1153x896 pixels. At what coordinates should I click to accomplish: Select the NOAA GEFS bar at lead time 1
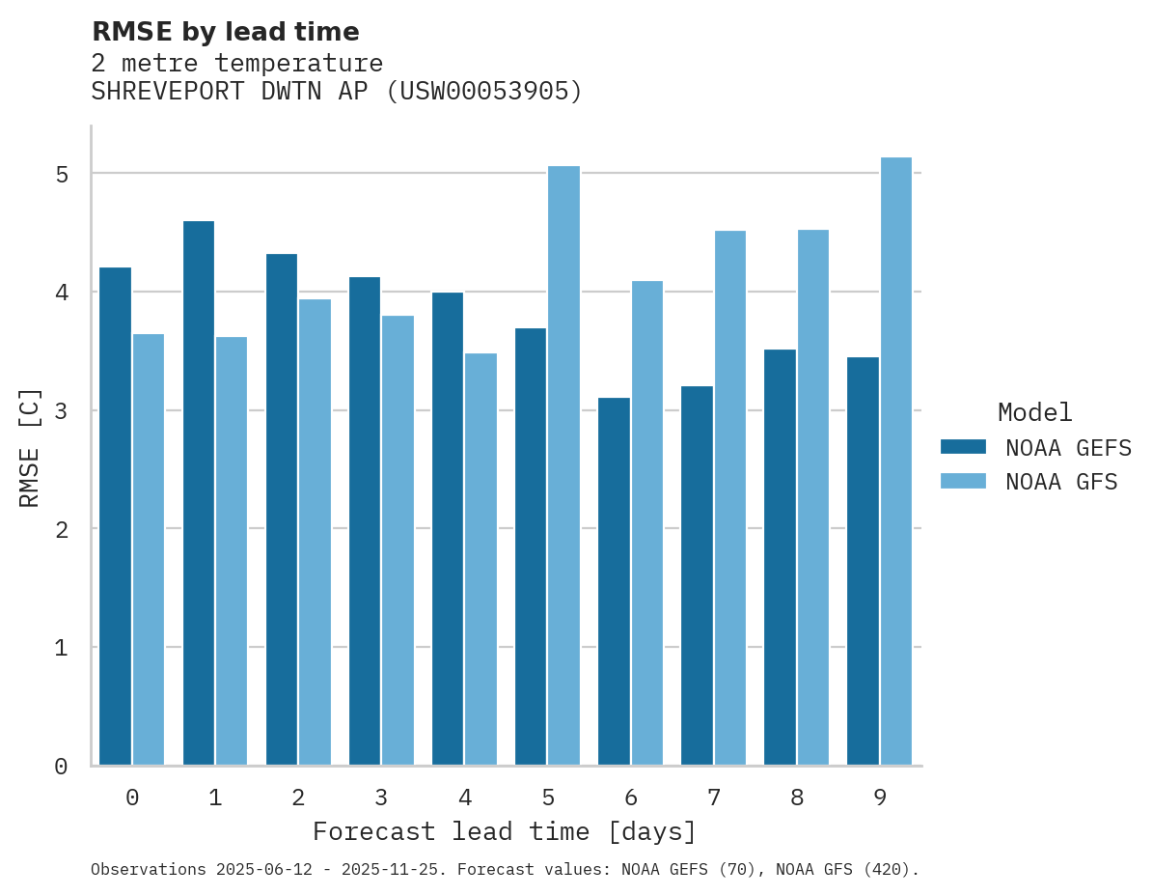[x=199, y=493]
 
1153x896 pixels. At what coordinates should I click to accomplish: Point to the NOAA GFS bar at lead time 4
[x=481, y=559]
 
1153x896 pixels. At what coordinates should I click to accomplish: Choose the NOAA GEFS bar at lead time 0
[x=116, y=517]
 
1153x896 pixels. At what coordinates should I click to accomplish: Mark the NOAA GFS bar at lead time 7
[x=730, y=498]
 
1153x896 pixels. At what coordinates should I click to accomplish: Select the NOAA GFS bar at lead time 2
[x=316, y=532]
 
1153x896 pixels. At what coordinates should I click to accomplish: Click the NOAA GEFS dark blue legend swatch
[x=963, y=447]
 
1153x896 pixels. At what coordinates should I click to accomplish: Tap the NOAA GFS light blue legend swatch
[x=963, y=481]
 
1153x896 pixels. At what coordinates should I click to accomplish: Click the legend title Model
[x=1034, y=412]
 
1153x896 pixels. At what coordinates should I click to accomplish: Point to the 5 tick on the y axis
[x=62, y=175]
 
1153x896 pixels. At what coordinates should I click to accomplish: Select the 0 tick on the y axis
[x=62, y=767]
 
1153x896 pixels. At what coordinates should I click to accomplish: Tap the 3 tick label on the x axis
[x=382, y=798]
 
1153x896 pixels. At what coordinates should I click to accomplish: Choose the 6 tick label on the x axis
[x=631, y=798]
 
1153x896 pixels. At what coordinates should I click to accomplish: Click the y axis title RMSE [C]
[x=30, y=447]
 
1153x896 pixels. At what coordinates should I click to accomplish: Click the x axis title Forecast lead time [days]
[x=505, y=831]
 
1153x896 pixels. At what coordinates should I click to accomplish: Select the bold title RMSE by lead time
[x=225, y=32]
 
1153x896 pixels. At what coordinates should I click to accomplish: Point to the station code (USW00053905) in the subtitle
[x=484, y=92]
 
